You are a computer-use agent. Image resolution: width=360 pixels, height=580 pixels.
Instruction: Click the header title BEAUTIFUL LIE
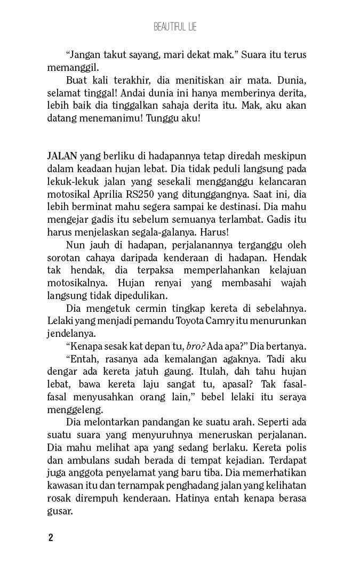pyautogui.click(x=175, y=27)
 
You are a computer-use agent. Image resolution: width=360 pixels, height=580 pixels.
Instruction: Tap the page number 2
pyautogui.click(x=51, y=537)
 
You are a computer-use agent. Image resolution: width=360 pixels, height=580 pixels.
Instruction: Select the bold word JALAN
pyautogui.click(x=62, y=156)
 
